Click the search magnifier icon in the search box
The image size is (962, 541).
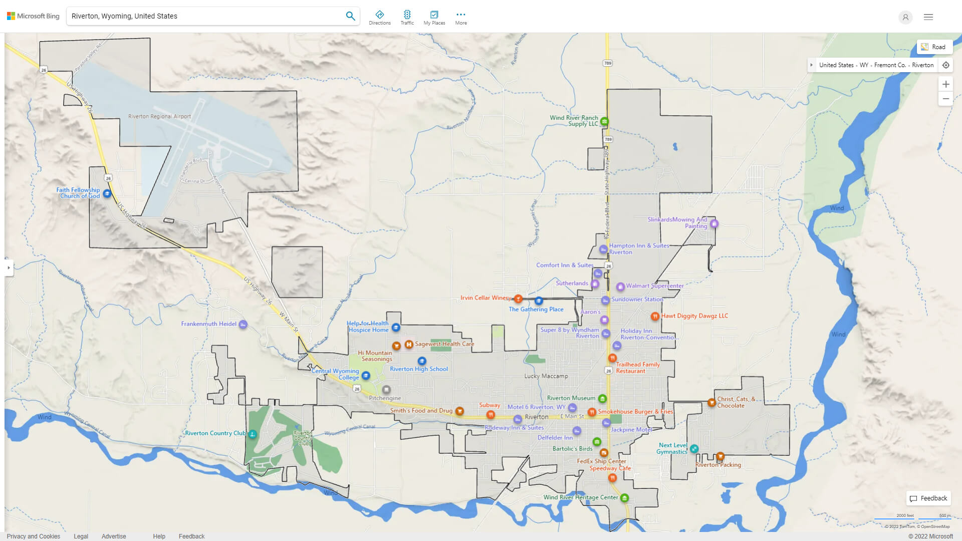[x=350, y=16]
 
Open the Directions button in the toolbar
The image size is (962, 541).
[x=380, y=17]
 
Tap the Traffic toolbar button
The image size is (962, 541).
[x=407, y=17]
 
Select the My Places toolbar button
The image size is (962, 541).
[x=434, y=17]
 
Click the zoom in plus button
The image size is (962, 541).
[x=945, y=84]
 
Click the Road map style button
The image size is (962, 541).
[x=934, y=47]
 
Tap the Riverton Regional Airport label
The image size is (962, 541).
[x=159, y=116]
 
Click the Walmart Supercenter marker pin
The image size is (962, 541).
[x=620, y=287]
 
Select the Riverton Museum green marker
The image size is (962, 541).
[x=602, y=399]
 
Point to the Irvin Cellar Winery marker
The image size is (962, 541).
[x=518, y=299]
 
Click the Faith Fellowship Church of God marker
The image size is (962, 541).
[x=107, y=193]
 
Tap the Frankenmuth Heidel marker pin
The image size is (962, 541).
[x=243, y=324]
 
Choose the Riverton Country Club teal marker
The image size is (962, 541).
[x=253, y=434]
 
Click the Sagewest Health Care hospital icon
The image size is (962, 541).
[x=409, y=344]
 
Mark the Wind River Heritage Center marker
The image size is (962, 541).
[x=624, y=498]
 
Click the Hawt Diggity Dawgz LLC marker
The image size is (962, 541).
[x=655, y=316]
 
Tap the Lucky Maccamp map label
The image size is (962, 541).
[x=546, y=376]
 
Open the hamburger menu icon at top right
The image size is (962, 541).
[x=928, y=17]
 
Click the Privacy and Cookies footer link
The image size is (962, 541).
[x=34, y=536]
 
